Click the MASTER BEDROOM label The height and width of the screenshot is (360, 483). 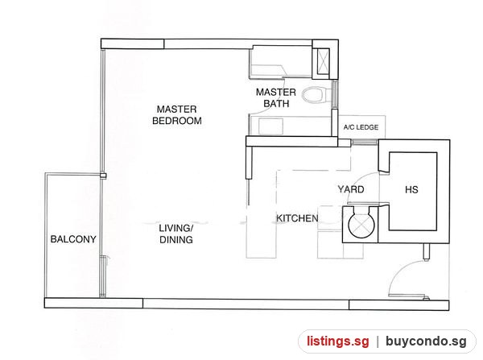[177, 114]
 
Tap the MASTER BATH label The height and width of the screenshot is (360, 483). [275, 97]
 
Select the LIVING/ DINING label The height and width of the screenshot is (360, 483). [176, 234]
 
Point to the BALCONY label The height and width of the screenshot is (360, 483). [73, 239]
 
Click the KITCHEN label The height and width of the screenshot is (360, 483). [297, 218]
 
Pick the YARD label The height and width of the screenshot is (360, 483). [351, 189]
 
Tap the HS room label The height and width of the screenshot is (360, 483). [411, 189]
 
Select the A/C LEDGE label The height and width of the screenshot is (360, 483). [361, 127]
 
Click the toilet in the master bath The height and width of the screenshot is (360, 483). [314, 95]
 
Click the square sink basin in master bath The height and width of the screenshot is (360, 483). [270, 126]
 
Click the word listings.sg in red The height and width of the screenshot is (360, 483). [337, 341]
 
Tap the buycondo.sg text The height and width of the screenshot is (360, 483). [426, 341]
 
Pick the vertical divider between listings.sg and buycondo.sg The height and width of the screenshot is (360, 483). [378, 341]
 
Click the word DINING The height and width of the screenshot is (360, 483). [176, 239]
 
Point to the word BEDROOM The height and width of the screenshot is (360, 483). [177, 121]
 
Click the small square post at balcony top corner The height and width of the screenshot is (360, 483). [103, 176]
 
